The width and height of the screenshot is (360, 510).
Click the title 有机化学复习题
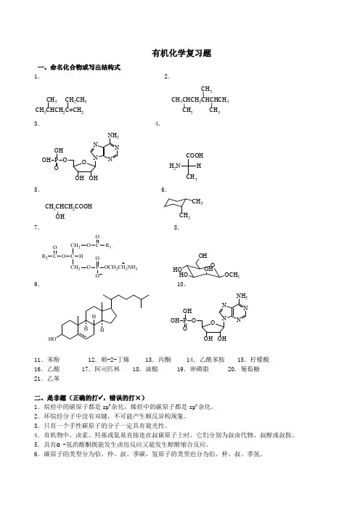(x=181, y=53)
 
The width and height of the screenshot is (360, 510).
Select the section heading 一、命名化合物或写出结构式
(x=79, y=68)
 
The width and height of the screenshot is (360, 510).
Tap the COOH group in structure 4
(x=195, y=155)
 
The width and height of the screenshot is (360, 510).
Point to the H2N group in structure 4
(x=175, y=166)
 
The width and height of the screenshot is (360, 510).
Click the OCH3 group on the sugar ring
(x=232, y=275)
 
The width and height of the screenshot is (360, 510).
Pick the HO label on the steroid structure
(x=52, y=339)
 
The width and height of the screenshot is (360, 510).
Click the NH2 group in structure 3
(x=113, y=136)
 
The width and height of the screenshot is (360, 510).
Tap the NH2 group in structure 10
(x=242, y=296)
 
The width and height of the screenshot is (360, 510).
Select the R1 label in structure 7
(x=108, y=246)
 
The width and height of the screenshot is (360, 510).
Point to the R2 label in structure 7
(x=44, y=256)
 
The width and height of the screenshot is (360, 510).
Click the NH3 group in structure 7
(x=132, y=267)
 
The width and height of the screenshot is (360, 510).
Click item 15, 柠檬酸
(x=253, y=360)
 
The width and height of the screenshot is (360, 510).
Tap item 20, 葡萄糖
(x=244, y=369)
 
